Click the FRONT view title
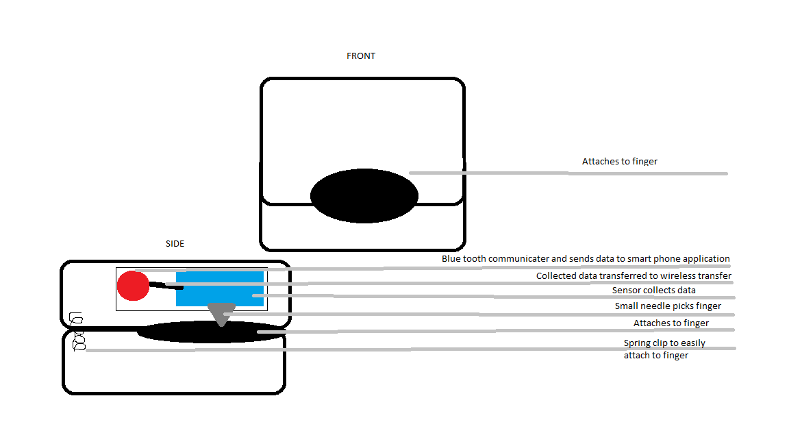pyautogui.click(x=361, y=56)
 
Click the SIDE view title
pyautogui.click(x=175, y=244)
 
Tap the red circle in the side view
pyautogui.click(x=133, y=286)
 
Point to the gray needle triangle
pyautogui.click(x=221, y=312)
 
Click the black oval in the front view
pyautogui.click(x=364, y=195)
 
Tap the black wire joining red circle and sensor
pyautogui.click(x=165, y=286)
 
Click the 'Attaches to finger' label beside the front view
pyautogui.click(x=619, y=162)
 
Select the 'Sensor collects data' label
pyautogui.click(x=653, y=291)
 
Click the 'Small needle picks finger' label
pyautogui.click(x=667, y=306)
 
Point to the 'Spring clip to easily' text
pyautogui.click(x=664, y=343)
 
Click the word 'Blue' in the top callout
pyautogui.click(x=451, y=259)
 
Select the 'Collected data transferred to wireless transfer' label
pyautogui.click(x=634, y=276)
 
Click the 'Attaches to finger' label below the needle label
pyautogui.click(x=671, y=323)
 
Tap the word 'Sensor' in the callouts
pyautogui.click(x=626, y=291)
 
